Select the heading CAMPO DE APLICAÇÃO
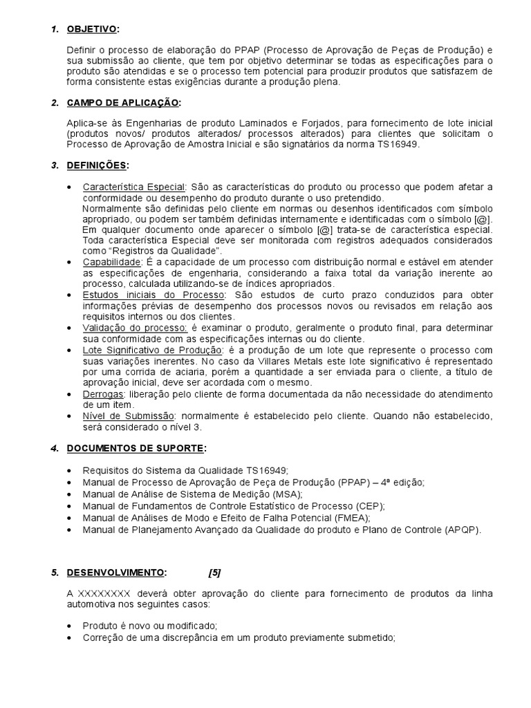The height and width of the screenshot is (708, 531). click(123, 103)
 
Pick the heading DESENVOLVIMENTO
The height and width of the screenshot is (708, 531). click(116, 572)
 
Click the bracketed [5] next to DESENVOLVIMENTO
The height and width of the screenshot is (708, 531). click(214, 572)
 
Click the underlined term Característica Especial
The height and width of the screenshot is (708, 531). click(134, 187)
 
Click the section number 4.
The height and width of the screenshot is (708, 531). click(54, 449)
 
